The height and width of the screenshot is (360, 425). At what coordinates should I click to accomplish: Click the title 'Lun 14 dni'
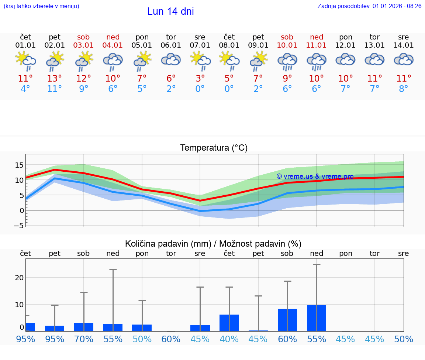[170, 11]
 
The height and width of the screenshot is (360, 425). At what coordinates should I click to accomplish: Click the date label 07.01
[200, 45]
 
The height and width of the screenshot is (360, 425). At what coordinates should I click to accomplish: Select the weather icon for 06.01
[171, 60]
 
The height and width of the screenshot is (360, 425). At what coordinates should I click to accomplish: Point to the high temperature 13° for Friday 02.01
[55, 79]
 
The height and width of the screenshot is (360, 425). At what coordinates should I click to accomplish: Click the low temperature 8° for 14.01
[404, 89]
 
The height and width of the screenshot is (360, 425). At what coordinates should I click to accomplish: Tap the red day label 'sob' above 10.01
[287, 37]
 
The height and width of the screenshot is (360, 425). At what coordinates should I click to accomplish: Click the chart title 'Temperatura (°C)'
[214, 148]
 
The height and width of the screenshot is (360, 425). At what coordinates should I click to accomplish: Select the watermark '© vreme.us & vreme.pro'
[315, 176]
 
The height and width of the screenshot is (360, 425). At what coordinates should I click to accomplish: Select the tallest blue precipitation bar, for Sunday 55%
[316, 318]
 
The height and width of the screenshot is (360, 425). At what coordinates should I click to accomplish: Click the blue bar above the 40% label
[229, 323]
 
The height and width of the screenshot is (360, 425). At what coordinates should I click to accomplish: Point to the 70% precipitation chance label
[84, 339]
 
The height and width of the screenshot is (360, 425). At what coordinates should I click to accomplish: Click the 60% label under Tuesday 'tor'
[171, 339]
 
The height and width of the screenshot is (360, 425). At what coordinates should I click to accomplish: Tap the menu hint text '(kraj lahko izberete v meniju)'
[41, 6]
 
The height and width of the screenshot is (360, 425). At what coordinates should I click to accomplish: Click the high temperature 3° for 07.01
[200, 79]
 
